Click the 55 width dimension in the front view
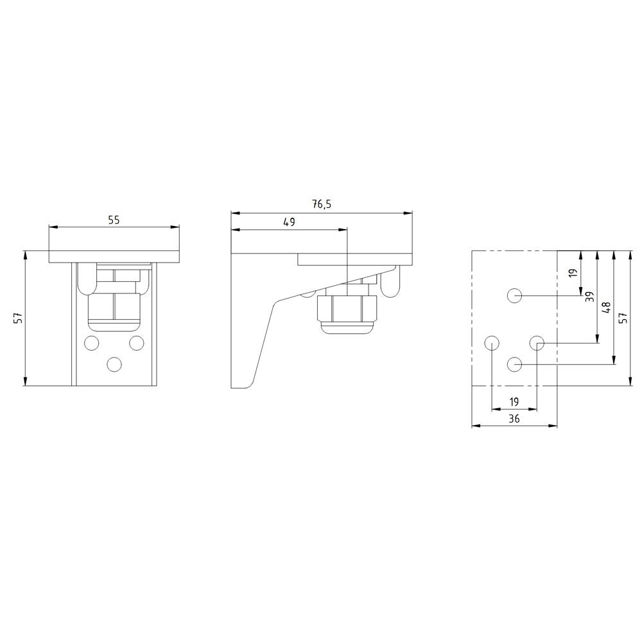(114, 220)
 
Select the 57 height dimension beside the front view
(18, 318)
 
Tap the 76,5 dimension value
(322, 205)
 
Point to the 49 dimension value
(289, 222)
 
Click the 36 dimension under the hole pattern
(514, 419)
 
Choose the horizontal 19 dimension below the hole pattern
(514, 402)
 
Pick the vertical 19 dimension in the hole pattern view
(573, 273)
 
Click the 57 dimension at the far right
(622, 318)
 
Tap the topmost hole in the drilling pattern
(514, 295)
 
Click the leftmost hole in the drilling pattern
(491, 342)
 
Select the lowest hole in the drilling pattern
(514, 365)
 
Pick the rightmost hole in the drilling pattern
(537, 342)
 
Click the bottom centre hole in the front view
(114, 365)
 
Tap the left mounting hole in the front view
(91, 342)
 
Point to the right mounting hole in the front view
(136, 342)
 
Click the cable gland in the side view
(346, 311)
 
